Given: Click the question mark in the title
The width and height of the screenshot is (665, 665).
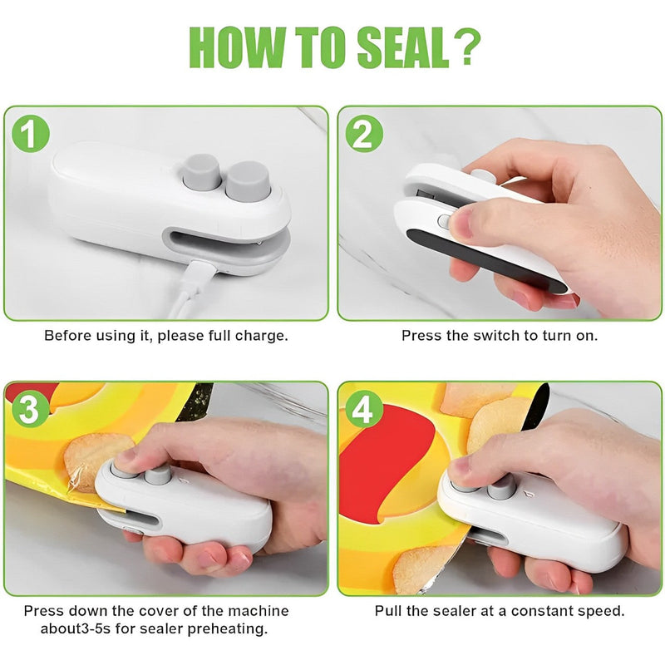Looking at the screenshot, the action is [x=468, y=47].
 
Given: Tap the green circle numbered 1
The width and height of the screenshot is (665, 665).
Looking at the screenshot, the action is [x=31, y=134].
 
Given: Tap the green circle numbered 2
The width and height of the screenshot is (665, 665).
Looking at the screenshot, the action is [x=364, y=134].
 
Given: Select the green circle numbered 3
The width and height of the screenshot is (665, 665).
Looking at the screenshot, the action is [x=31, y=410].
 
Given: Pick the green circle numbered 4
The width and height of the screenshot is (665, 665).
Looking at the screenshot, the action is [x=364, y=410].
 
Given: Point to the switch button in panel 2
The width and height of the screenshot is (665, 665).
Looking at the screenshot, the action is [x=444, y=222].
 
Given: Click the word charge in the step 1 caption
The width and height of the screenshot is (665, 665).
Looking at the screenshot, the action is [x=263, y=336].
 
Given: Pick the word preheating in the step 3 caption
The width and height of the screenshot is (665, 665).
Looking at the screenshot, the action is [x=232, y=628].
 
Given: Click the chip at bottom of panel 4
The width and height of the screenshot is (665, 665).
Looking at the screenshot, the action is [x=420, y=569].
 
